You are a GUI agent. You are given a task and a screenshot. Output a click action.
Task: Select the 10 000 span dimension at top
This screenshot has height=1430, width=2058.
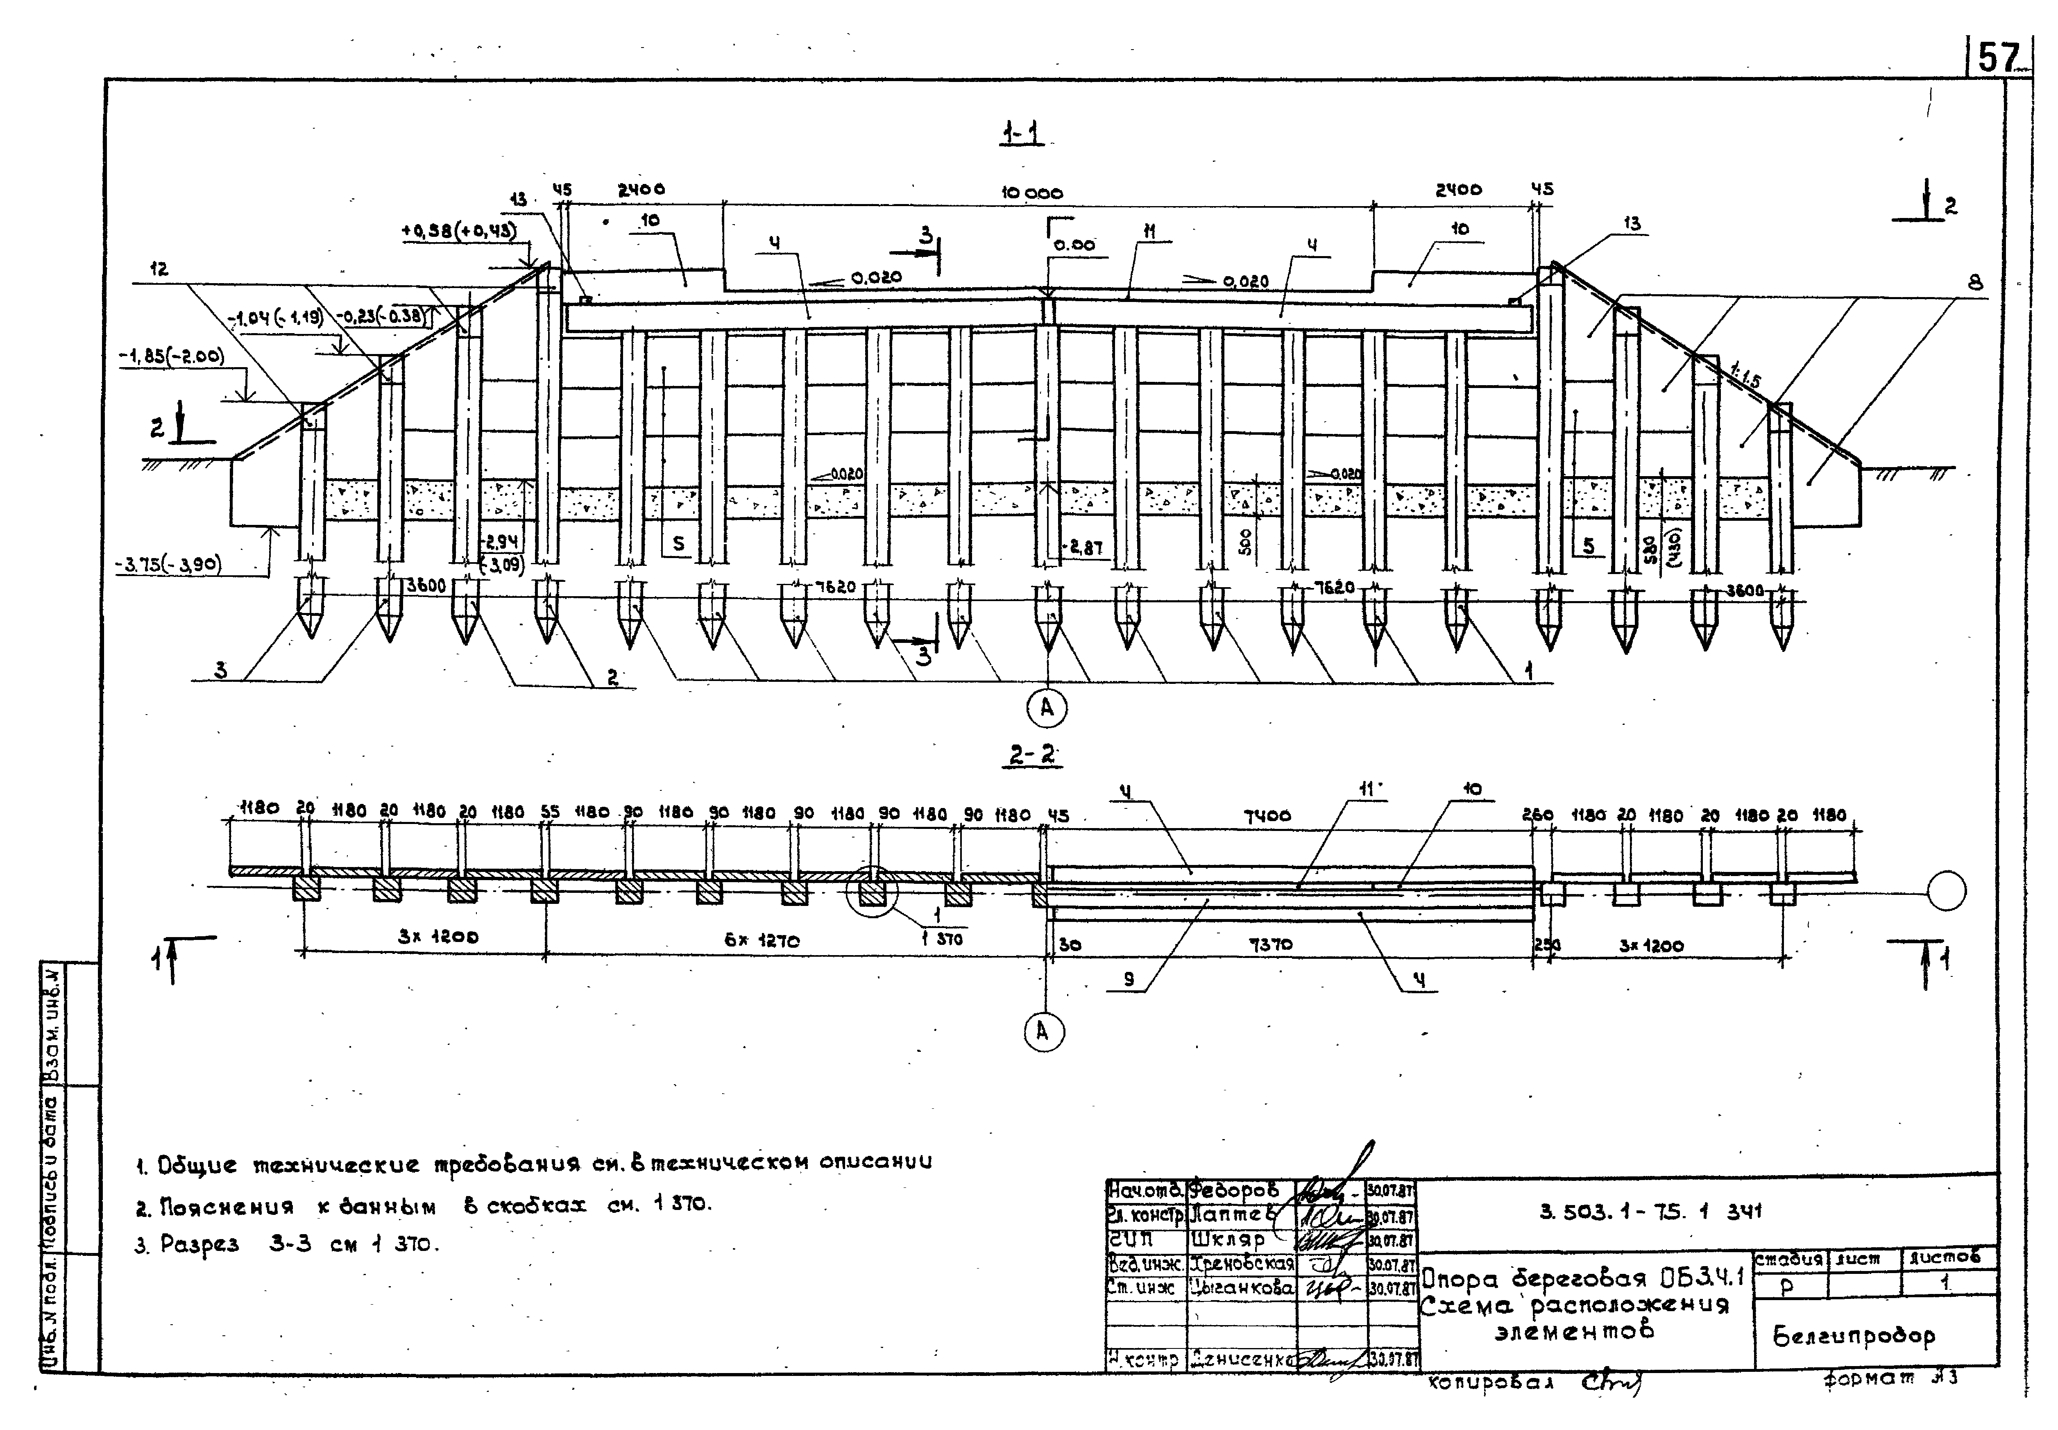click(x=1032, y=193)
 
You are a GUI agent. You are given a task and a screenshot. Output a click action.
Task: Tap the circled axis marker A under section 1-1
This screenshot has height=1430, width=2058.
click(x=1046, y=709)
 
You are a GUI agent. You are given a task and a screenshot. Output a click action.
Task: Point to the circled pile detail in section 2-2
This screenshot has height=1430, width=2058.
click(x=871, y=892)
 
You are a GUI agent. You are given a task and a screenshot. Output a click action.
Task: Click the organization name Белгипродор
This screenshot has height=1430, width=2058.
click(x=1853, y=1337)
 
